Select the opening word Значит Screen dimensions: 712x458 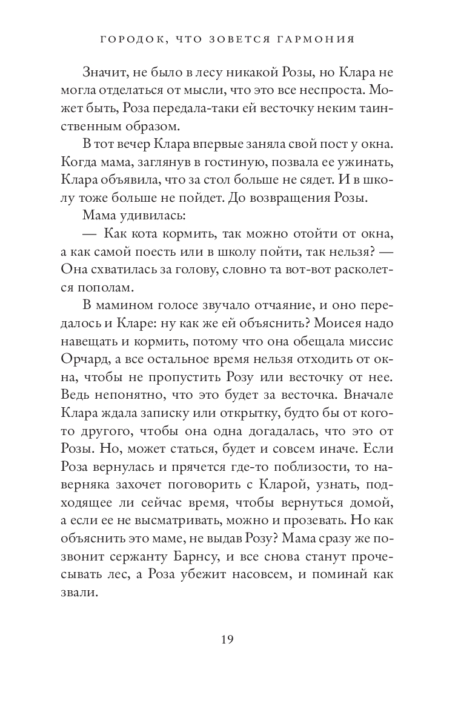(x=105, y=73)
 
